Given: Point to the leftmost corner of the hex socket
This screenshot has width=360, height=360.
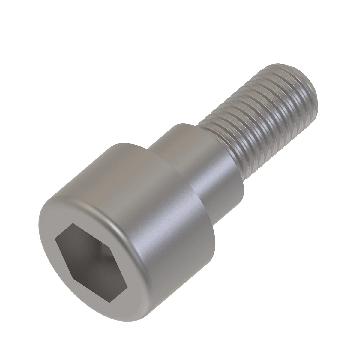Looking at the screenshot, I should click(x=55, y=239).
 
